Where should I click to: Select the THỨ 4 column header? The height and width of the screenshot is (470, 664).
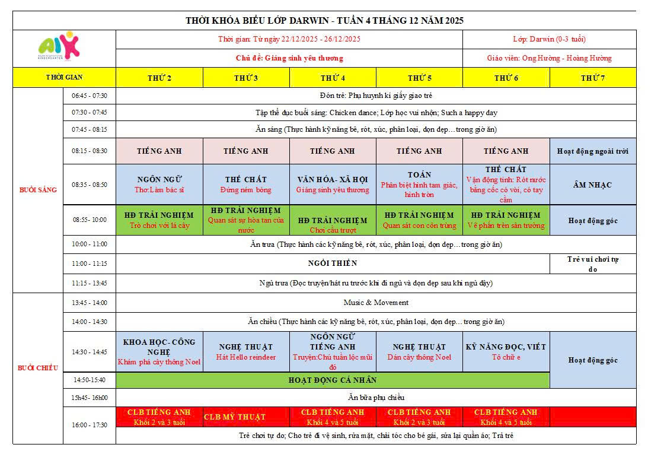coord(333,78)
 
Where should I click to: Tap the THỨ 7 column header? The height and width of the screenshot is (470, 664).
coord(593,78)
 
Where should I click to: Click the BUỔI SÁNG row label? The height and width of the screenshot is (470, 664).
coord(38,190)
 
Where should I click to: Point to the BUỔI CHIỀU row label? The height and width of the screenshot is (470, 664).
coord(38,368)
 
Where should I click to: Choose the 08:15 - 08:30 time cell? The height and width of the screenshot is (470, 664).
coord(90,151)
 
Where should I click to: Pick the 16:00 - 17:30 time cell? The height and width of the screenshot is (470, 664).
coord(90,425)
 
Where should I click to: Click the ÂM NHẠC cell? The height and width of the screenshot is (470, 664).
coord(593,185)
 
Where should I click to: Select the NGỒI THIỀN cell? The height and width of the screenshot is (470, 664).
coord(333,263)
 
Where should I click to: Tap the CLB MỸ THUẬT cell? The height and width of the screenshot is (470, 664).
coord(235,417)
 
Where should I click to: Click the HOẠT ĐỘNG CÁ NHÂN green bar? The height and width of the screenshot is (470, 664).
coord(333,380)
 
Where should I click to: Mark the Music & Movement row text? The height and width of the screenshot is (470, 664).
coord(376,302)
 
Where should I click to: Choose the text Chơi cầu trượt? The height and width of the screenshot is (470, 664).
coord(333,230)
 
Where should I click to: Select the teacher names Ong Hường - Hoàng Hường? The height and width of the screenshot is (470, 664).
coord(549,58)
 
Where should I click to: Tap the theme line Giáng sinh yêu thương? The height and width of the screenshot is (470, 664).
coord(289,58)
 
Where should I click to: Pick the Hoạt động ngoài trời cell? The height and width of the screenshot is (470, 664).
coord(593,151)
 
